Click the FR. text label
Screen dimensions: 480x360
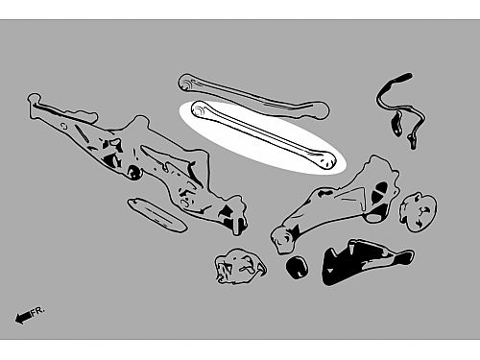click(x=38, y=310)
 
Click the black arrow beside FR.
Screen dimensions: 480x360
click(x=23, y=317)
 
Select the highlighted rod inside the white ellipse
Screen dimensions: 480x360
click(x=262, y=135)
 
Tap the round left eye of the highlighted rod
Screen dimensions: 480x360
click(x=198, y=110)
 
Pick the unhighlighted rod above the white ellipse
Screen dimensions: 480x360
click(x=252, y=96)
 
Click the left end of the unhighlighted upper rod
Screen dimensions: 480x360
click(x=185, y=83)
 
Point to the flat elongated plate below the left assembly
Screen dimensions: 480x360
click(x=156, y=214)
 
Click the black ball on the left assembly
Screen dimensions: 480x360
click(x=134, y=172)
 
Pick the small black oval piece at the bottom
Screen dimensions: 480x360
click(x=297, y=267)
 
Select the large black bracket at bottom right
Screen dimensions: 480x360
click(x=365, y=262)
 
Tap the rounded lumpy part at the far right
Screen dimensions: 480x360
click(x=418, y=212)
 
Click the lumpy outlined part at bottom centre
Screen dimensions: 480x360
click(x=241, y=267)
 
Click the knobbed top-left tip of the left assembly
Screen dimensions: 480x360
click(x=35, y=98)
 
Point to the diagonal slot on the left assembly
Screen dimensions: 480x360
click(x=82, y=133)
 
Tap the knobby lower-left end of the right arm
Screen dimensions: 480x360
click(x=283, y=239)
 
